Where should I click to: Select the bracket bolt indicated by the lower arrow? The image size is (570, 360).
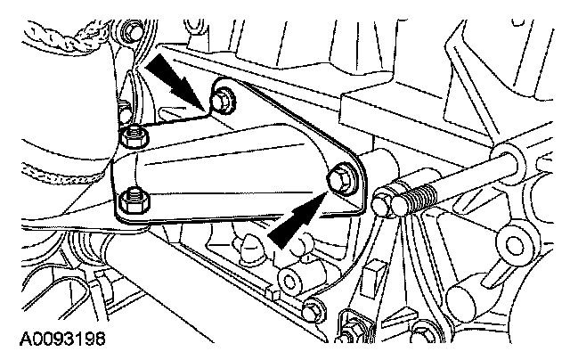click(x=340, y=177)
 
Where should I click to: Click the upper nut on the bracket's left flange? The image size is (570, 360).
click(x=134, y=137)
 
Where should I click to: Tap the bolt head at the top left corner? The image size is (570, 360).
click(x=134, y=32)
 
